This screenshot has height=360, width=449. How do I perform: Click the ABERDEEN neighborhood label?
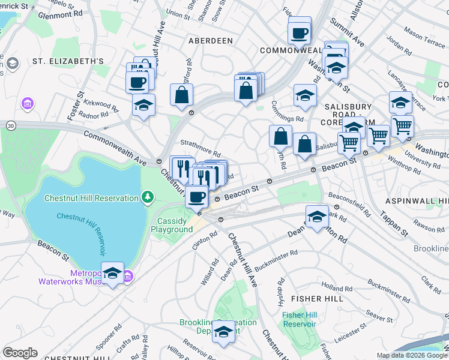210,41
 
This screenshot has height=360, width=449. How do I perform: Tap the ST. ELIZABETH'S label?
68,61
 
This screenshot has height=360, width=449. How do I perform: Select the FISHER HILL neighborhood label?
317,298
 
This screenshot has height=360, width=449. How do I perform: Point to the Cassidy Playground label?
172,226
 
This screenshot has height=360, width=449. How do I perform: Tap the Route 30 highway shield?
10,125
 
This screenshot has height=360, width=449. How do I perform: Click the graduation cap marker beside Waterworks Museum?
112,274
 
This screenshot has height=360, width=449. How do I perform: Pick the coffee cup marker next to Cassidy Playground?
196,196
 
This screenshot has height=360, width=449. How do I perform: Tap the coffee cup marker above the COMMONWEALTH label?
299,33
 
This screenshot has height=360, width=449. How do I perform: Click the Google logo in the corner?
20,353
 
